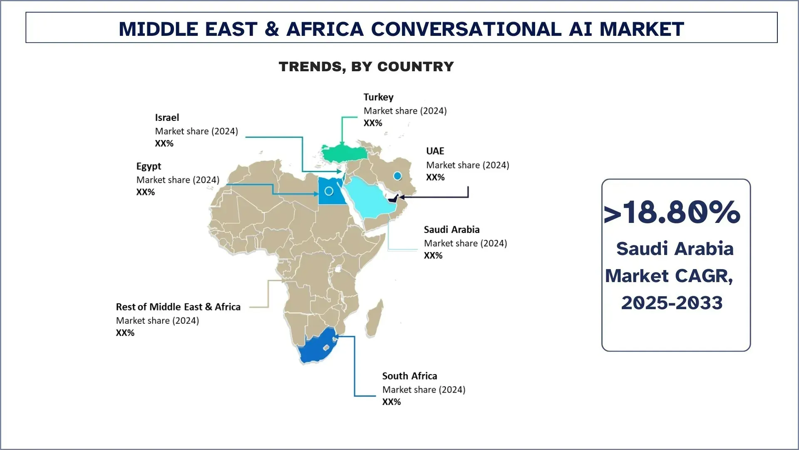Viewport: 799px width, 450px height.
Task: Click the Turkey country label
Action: tap(378, 97)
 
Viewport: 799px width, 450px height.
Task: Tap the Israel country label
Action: tap(167, 117)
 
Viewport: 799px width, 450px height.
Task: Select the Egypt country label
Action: tap(149, 166)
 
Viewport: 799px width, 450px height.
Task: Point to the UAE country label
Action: tap(435, 151)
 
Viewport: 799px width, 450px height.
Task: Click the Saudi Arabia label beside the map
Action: tap(452, 230)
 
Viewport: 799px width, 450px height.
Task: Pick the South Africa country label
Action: tap(409, 376)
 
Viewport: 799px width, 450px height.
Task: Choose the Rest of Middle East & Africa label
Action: tap(178, 307)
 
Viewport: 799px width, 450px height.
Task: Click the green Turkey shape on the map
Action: tap(344, 153)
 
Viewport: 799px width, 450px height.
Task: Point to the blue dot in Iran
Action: tap(397, 176)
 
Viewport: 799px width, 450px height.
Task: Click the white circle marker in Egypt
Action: tap(329, 191)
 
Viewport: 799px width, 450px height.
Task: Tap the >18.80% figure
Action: tap(672, 212)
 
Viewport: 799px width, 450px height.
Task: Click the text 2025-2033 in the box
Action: tap(672, 303)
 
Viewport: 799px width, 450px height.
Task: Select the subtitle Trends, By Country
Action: tap(366, 67)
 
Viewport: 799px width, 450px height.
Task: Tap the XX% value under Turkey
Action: tap(372, 123)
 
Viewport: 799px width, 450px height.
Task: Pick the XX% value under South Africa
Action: tap(391, 402)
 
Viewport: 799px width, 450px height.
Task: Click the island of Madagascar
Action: tap(375, 319)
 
